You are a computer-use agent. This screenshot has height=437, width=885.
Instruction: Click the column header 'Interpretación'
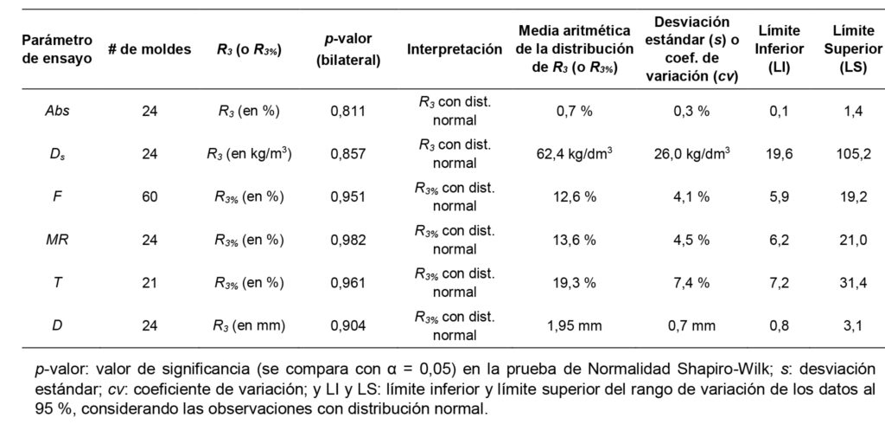455,49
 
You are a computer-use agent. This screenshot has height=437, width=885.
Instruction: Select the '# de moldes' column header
150,49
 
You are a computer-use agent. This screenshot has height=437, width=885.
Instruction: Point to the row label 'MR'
57,241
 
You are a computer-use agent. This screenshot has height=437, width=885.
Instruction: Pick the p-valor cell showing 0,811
348,111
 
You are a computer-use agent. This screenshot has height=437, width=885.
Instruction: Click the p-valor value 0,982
348,241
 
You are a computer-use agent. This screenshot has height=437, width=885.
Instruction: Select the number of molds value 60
150,197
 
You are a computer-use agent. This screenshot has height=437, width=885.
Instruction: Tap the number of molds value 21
150,283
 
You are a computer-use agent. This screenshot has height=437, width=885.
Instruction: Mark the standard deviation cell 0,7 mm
691,326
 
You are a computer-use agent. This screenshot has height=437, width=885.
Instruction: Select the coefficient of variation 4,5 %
691,241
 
